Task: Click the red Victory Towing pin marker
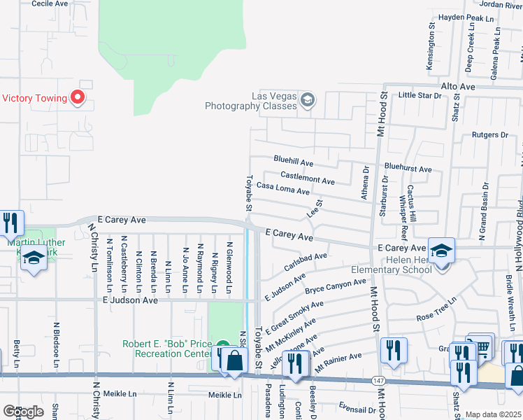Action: [78, 98]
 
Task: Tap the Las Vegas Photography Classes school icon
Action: [306, 101]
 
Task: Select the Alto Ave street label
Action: [457, 86]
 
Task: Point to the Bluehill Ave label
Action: [293, 160]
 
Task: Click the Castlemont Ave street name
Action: [307, 177]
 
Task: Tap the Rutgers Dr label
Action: [489, 135]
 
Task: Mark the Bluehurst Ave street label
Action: [408, 169]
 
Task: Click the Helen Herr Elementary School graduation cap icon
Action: [442, 250]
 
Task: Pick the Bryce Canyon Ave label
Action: [335, 286]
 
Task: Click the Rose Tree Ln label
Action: [436, 308]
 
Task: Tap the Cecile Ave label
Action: [50, 3]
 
